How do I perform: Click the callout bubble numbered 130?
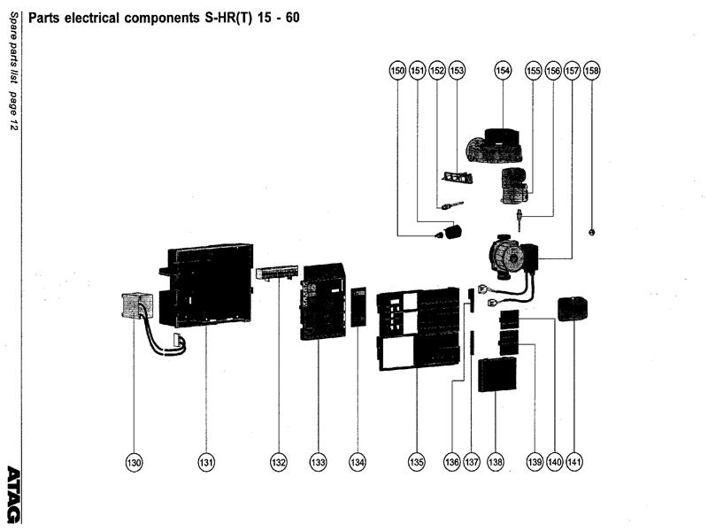click(134, 461)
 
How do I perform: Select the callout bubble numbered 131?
click(205, 461)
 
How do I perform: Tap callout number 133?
click(318, 461)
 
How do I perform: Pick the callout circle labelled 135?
click(417, 461)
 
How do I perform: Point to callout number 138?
click(495, 461)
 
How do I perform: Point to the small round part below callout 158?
click(591, 231)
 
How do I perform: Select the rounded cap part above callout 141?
click(573, 309)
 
